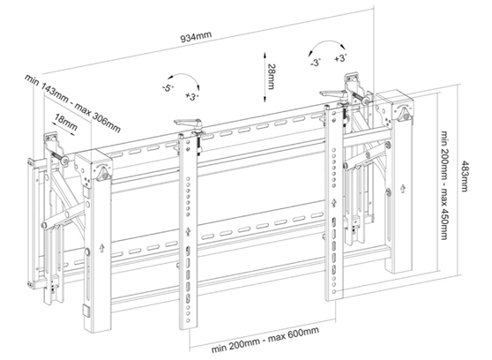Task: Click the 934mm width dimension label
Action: click(196, 36)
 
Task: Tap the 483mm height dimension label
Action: click(464, 176)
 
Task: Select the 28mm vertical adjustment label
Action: click(272, 77)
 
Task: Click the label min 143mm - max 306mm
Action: click(73, 103)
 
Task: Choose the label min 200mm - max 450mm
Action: click(444, 185)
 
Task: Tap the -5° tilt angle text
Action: click(168, 88)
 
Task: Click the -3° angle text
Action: click(316, 62)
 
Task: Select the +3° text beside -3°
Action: click(340, 58)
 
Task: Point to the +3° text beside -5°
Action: click(192, 96)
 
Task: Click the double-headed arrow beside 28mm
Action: click(265, 78)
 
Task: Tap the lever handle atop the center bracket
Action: click(188, 122)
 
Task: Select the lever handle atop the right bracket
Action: click(333, 93)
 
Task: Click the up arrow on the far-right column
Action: click(403, 189)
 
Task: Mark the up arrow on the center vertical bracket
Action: click(188, 231)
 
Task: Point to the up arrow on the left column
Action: click(101, 248)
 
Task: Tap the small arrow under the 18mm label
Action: click(64, 129)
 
